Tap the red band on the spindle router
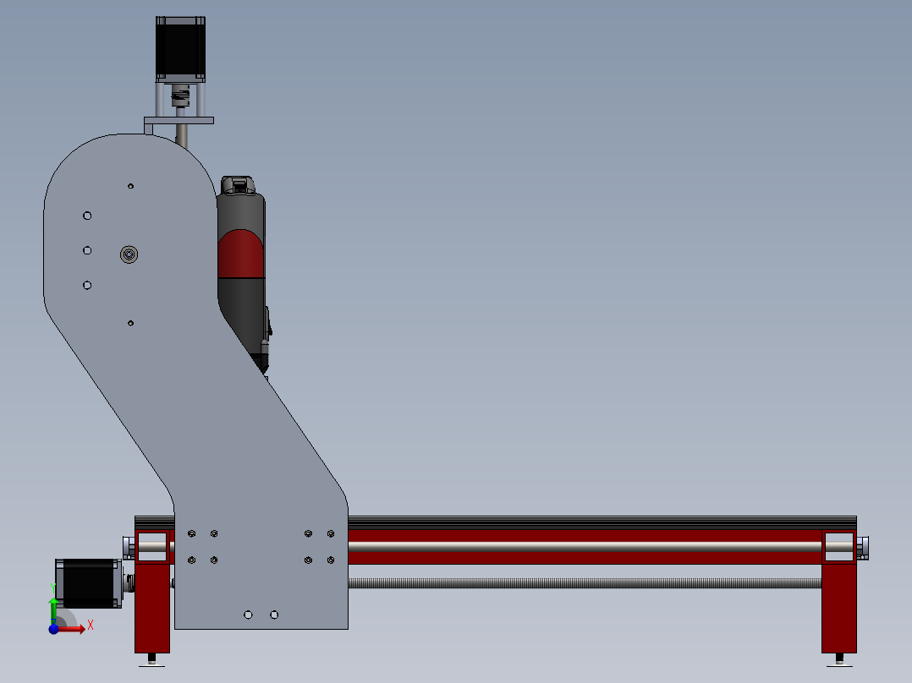[243, 254]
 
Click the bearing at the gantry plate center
[129, 254]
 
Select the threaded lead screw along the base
[584, 582]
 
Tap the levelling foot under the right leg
[839, 659]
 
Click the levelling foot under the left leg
[152, 659]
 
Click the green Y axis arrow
[53, 608]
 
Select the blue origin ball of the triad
[54, 629]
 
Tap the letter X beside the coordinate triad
[90, 625]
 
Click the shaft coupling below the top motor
[179, 99]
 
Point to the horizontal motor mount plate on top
[179, 121]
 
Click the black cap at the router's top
[238, 184]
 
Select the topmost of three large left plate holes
[87, 216]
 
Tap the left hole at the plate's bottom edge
[248, 615]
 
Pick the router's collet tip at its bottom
[264, 367]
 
